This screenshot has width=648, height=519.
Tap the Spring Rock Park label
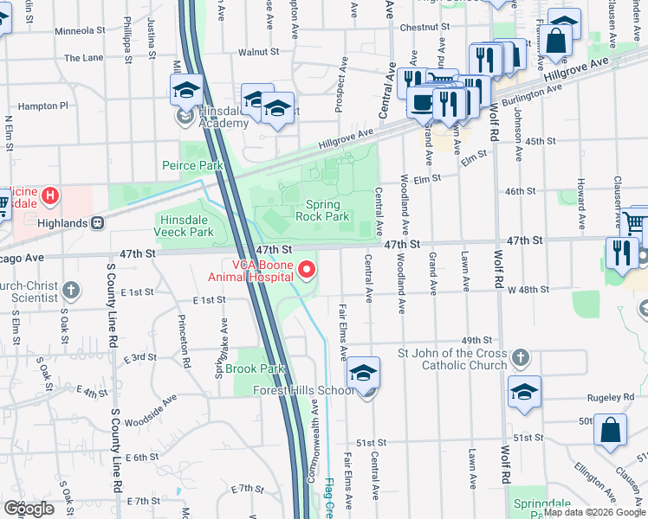tap(322, 211)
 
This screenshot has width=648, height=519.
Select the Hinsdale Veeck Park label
tap(184, 227)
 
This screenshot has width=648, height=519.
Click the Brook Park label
tap(255, 368)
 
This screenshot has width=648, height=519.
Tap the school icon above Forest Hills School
tap(363, 373)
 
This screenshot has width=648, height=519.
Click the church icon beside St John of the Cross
tap(520, 358)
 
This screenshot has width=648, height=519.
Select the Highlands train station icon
tap(98, 222)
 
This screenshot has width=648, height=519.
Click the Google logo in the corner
tap(29, 509)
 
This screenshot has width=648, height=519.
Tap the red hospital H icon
tap(50, 196)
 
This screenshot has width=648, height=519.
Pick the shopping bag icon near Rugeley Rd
tap(610, 430)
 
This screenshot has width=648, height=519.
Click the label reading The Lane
tap(84, 58)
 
